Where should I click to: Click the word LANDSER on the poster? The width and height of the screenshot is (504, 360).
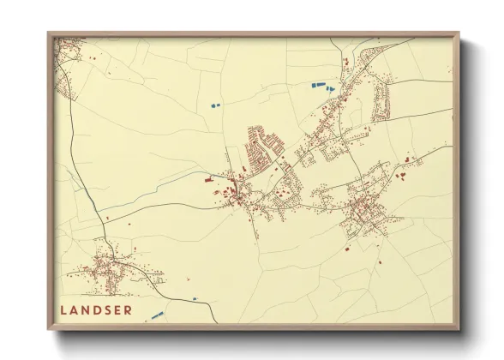[x=95, y=309]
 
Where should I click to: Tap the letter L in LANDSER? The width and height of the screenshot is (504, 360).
[x=63, y=309]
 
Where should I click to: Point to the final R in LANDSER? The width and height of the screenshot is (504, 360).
[x=129, y=309]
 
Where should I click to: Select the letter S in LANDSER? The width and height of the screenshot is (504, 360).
[x=106, y=309]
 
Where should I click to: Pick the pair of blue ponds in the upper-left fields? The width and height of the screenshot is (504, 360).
[x=213, y=105]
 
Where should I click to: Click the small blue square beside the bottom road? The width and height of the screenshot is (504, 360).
[x=195, y=297]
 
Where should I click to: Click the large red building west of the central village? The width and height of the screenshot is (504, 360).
[x=208, y=180]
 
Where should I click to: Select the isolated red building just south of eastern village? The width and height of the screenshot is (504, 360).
[x=350, y=249]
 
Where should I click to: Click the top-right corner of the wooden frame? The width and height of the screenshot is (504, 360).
[x=459, y=35]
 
